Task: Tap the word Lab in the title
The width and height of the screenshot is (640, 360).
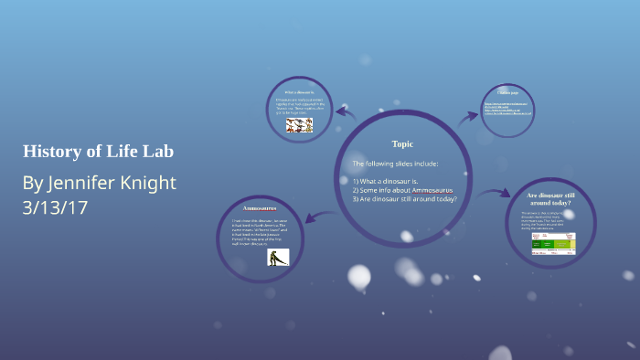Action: click(x=156, y=151)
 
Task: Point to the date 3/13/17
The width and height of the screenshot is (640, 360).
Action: click(x=55, y=207)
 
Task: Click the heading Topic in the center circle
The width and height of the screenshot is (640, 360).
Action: click(x=402, y=144)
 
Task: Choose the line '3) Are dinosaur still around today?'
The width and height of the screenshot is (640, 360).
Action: click(x=405, y=199)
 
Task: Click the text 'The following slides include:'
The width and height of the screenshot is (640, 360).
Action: click(x=395, y=164)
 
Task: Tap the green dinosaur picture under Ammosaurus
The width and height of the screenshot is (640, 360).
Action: click(x=278, y=257)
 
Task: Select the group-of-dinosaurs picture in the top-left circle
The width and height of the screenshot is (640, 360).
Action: click(x=299, y=125)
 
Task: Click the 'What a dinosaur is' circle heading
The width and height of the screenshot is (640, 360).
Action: click(x=299, y=92)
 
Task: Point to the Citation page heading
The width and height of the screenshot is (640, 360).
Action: click(x=507, y=93)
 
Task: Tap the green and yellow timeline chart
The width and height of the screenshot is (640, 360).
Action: click(x=554, y=243)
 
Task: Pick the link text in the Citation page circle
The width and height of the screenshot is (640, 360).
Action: click(x=507, y=109)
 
